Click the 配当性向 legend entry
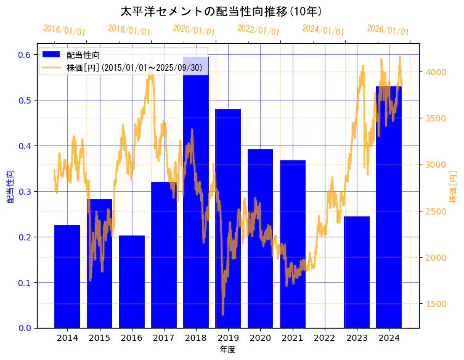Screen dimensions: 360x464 pos(80,55)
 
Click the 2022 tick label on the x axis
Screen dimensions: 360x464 pos(324,338)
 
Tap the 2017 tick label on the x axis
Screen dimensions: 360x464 pos(163,338)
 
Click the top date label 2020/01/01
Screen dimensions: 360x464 pos(193,30)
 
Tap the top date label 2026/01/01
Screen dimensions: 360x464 pos(388,30)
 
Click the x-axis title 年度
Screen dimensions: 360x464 pos(227,350)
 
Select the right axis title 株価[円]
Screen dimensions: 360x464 pos(453,187)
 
